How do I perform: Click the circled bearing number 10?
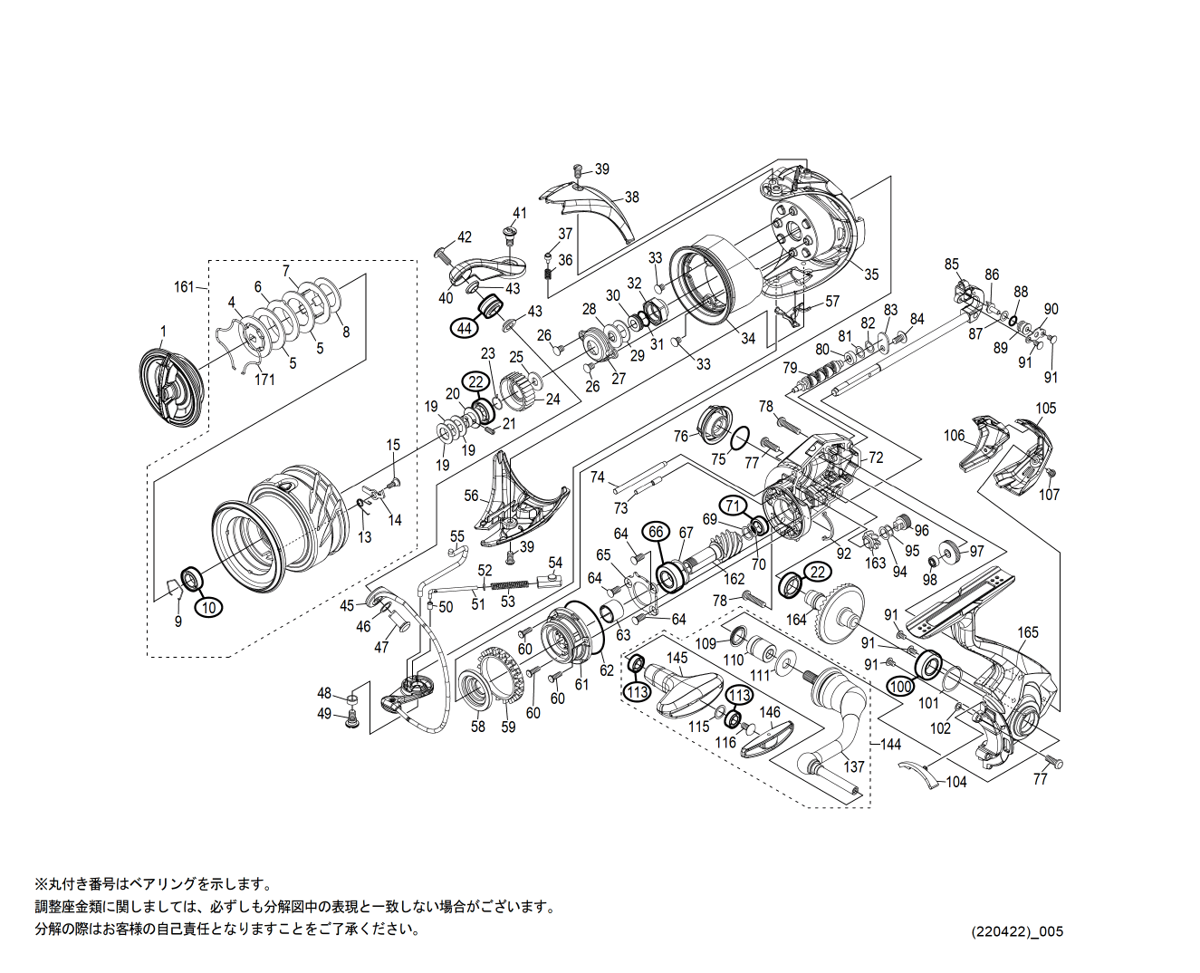click(209, 607)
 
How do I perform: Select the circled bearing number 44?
click(465, 328)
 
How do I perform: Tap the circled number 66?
click(657, 532)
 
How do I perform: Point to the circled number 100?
click(900, 687)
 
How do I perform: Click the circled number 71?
click(733, 506)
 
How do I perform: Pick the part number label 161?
click(185, 287)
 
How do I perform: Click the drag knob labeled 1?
click(172, 390)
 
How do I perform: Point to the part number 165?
click(1028, 632)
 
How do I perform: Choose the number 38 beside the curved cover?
click(631, 197)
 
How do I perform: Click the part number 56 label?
click(471, 496)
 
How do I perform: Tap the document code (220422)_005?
click(1016, 931)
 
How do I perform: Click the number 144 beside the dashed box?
click(891, 744)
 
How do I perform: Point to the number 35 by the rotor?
click(870, 275)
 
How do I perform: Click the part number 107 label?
click(1049, 495)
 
